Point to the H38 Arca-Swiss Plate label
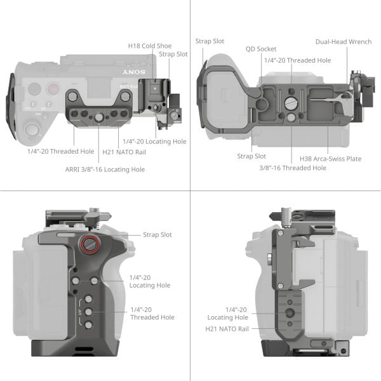pos(330,159)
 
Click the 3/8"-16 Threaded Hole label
pos(293,168)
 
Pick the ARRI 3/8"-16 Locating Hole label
pos(105,170)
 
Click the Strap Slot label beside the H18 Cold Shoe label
pos(173,55)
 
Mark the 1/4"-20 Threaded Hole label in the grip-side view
pos(152,313)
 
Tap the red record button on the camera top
pos(52,89)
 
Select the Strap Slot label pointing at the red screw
pos(157,235)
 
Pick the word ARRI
pos(73,170)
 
